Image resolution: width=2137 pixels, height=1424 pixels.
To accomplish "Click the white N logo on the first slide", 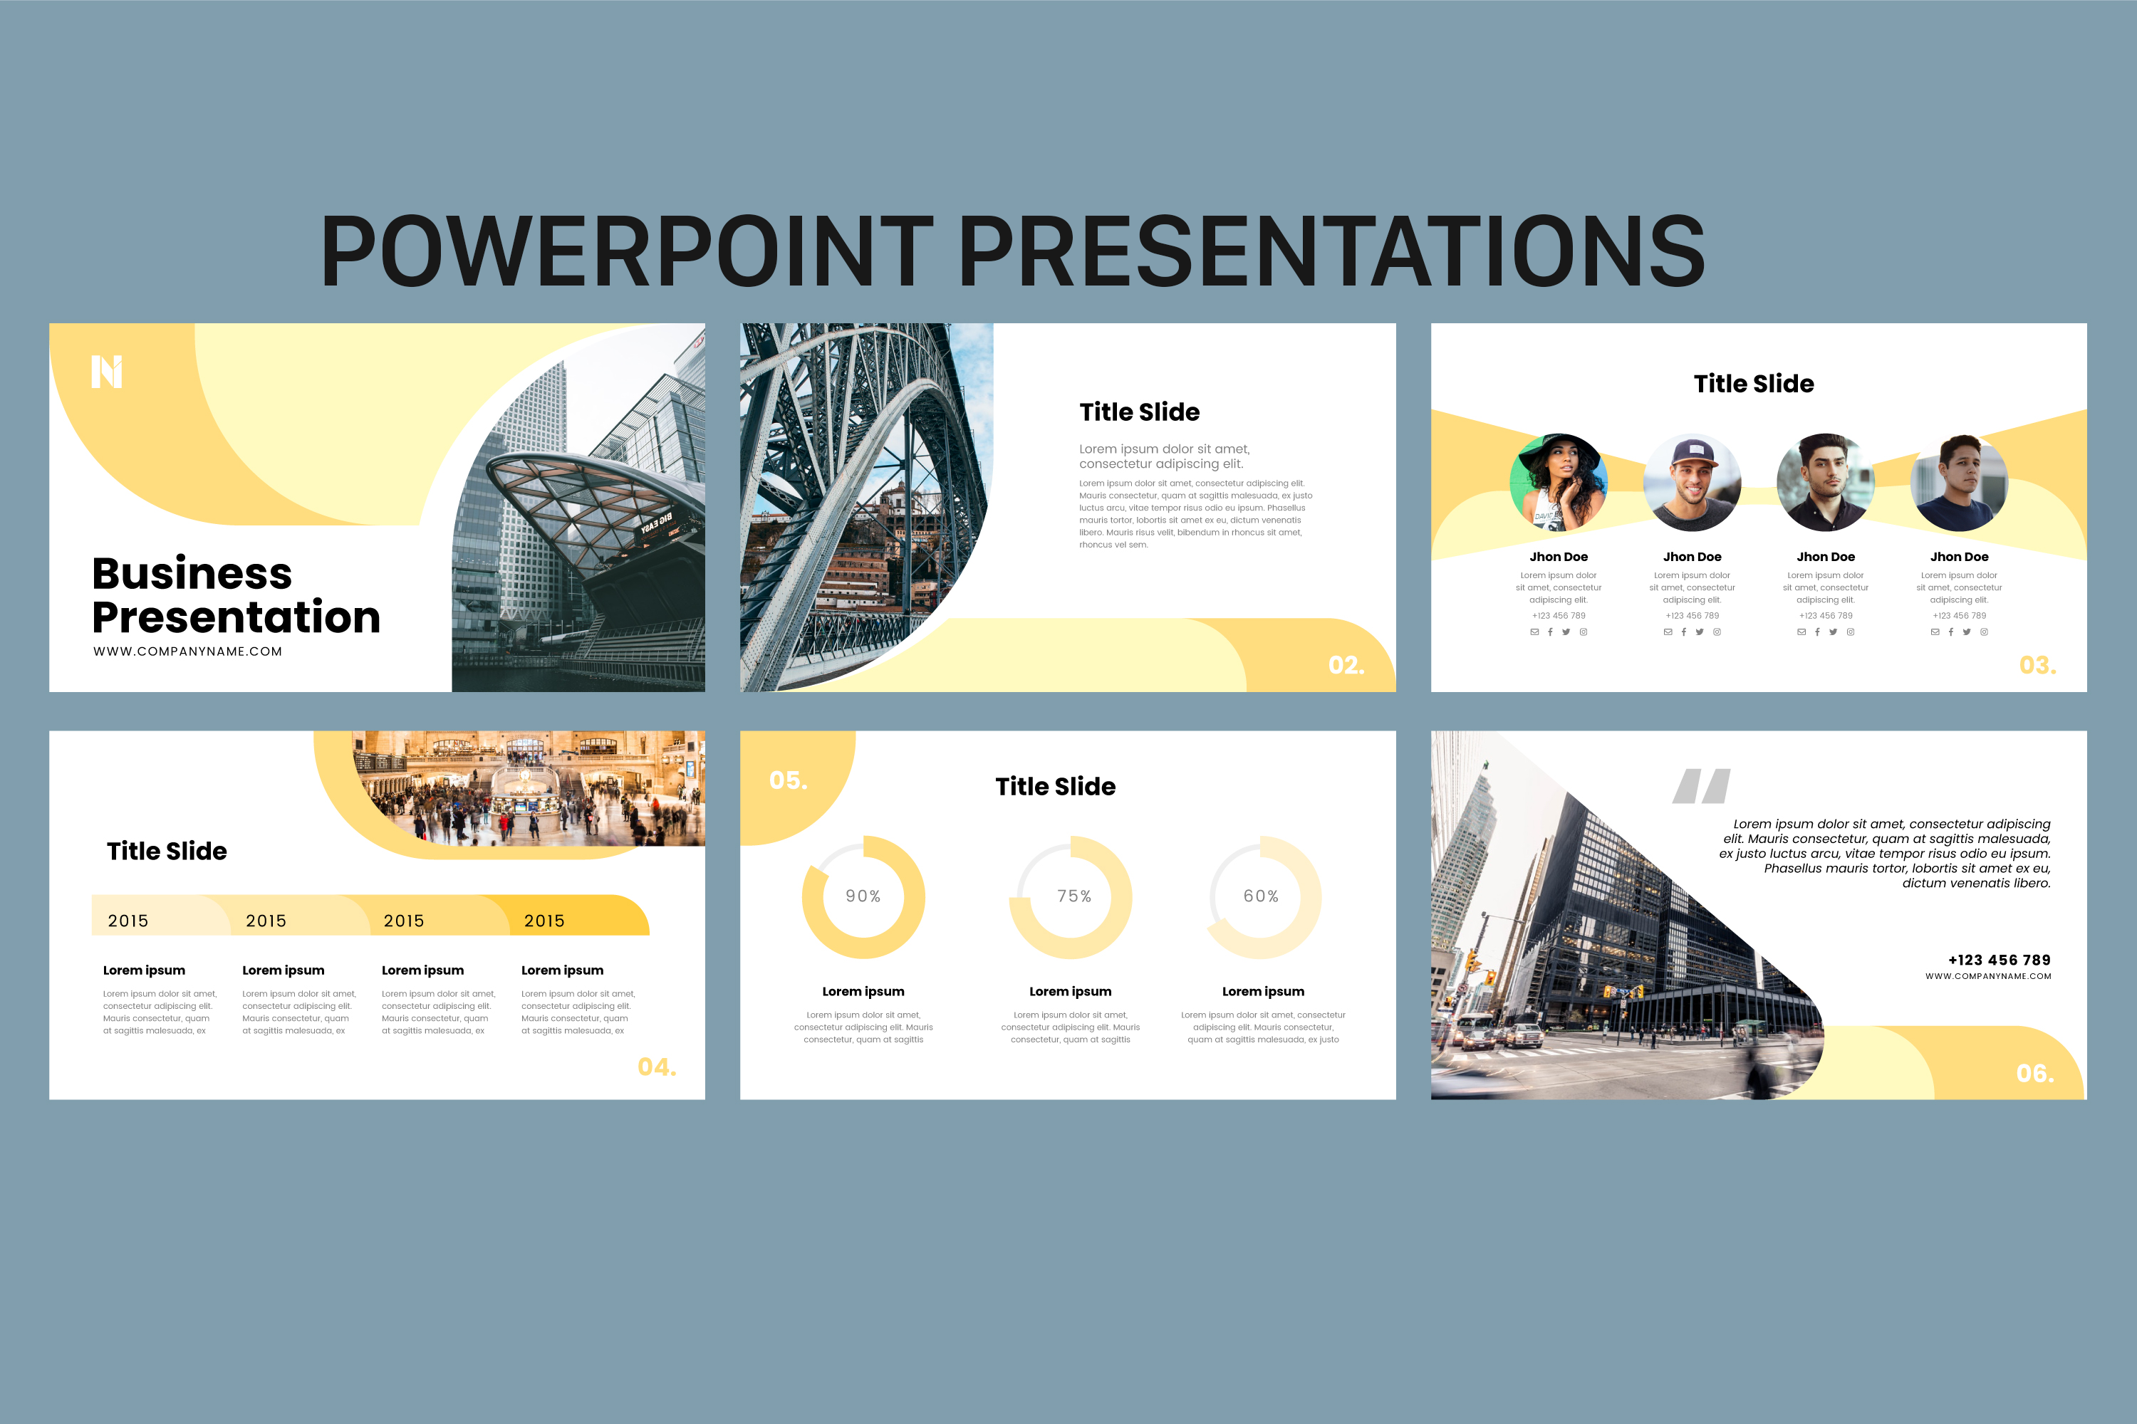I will [x=106, y=372].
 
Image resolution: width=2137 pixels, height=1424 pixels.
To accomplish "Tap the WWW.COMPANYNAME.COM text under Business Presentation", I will [x=187, y=651].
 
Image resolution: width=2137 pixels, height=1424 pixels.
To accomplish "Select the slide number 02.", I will [x=1346, y=666].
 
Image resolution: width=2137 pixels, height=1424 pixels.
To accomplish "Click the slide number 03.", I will [x=2037, y=666].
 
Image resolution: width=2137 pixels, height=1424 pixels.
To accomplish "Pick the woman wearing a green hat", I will [x=1559, y=482].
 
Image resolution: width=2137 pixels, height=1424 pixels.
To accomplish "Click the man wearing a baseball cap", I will [x=1692, y=482].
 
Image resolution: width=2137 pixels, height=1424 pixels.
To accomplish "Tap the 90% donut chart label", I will [x=863, y=896].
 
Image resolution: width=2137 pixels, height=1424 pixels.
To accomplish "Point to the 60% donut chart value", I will [x=1261, y=896].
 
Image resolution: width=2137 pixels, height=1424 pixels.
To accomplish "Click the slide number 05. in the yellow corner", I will [x=788, y=781].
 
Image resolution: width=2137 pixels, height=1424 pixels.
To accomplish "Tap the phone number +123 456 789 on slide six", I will [x=1999, y=960].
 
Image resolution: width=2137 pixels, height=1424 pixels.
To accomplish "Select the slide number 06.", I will [x=2035, y=1074].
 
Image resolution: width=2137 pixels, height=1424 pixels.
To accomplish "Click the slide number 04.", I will [x=657, y=1067].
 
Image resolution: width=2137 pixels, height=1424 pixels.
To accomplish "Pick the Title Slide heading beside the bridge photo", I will [x=1139, y=412].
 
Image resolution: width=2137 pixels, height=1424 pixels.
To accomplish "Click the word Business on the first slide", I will [x=192, y=574].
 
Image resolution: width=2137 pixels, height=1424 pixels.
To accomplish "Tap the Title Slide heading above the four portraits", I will [x=1754, y=384].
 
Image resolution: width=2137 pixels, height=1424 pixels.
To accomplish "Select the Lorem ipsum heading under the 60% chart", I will [x=1263, y=992].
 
